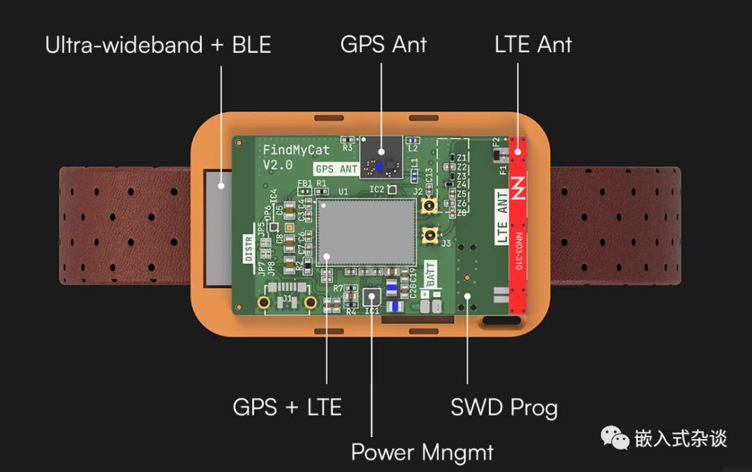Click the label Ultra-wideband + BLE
(x=158, y=45)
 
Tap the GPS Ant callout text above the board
(x=384, y=45)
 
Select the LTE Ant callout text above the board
(x=533, y=45)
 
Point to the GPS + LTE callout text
(x=287, y=407)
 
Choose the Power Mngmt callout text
(x=422, y=453)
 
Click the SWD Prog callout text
(x=504, y=407)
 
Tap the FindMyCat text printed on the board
(x=297, y=150)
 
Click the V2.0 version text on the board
(x=278, y=165)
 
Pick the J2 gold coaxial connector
(x=428, y=206)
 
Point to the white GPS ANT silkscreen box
(x=336, y=168)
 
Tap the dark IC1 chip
(x=373, y=297)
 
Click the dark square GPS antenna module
(x=381, y=156)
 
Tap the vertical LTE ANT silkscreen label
(x=501, y=219)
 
